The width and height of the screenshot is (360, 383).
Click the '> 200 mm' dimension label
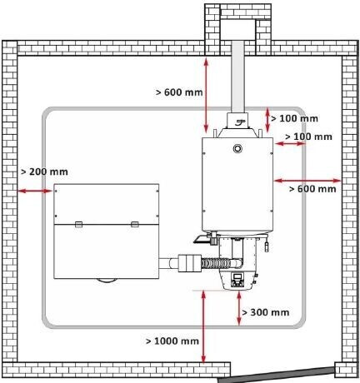click(44, 172)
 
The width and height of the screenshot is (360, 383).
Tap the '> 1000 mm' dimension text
click(172, 341)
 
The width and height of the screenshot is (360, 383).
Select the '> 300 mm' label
click(266, 312)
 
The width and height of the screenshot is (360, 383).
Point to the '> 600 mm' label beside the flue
click(179, 92)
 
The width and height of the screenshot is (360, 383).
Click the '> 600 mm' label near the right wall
click(312, 189)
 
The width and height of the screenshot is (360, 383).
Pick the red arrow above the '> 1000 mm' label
click(203, 326)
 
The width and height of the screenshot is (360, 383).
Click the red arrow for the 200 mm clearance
click(35, 191)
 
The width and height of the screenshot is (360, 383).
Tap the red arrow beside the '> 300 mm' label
click(239, 308)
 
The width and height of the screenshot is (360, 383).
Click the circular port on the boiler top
click(237, 149)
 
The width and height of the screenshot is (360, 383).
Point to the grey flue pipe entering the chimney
click(237, 77)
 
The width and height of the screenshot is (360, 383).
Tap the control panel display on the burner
click(237, 276)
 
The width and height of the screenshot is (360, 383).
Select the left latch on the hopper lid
click(79, 224)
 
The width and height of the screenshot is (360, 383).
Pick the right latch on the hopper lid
click(135, 224)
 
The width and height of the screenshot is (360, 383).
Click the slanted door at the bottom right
click(277, 375)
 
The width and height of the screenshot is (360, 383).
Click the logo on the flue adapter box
click(239, 122)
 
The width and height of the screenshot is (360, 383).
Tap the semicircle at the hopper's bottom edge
click(106, 281)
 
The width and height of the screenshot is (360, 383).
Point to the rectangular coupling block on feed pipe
click(189, 263)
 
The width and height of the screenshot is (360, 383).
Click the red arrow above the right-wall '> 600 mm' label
click(307, 181)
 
